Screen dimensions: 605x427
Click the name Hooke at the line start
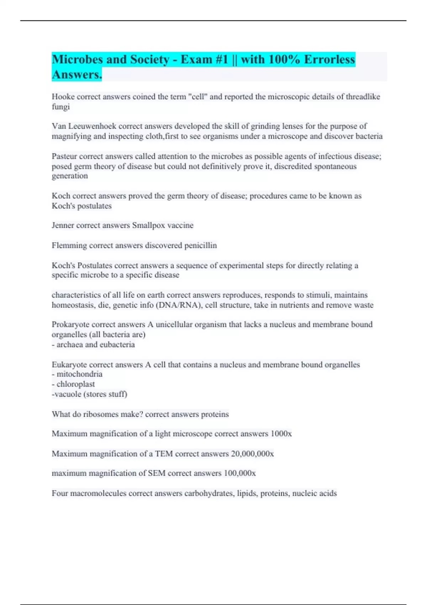pos(63,97)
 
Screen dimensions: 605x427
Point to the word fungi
pos(60,107)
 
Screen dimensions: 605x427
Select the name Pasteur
pos(64,157)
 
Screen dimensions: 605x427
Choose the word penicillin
pos(200,246)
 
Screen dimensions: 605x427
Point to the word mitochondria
pos(79,374)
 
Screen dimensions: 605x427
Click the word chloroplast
pos(75,384)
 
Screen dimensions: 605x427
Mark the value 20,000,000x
pos(252,454)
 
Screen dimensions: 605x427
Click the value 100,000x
pos(239,474)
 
